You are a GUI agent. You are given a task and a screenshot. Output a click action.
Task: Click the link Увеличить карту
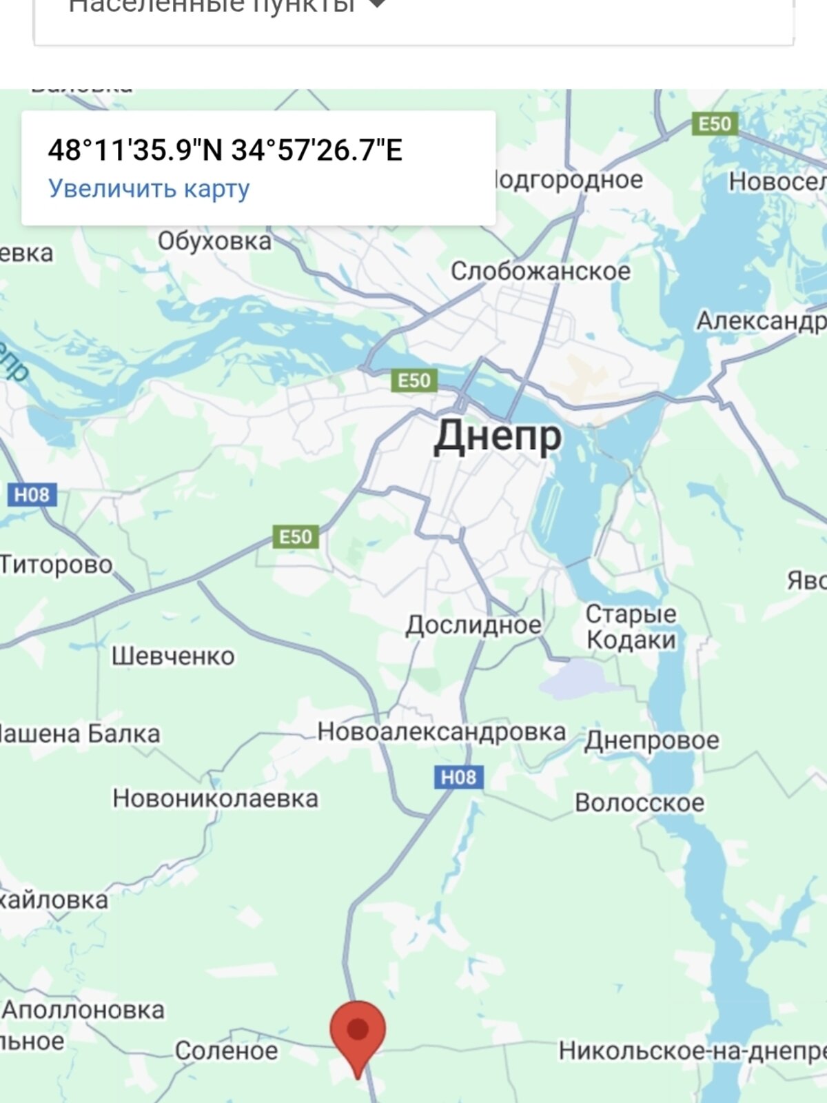[149, 188]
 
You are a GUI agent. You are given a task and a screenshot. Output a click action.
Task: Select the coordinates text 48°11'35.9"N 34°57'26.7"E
[225, 150]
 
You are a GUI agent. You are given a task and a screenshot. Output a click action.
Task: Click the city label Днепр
[498, 436]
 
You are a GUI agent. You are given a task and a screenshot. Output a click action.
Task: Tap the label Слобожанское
[540, 271]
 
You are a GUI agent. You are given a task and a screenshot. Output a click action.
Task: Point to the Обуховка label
[214, 241]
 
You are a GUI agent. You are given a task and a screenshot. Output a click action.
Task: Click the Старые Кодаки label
[631, 627]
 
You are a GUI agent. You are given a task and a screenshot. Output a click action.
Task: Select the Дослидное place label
[473, 625]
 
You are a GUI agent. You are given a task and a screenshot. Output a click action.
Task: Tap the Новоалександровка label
[441, 731]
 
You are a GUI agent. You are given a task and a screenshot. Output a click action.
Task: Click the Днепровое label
[651, 740]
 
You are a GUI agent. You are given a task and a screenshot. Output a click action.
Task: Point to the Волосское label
[640, 802]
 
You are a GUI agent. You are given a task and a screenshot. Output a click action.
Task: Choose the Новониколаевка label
[215, 798]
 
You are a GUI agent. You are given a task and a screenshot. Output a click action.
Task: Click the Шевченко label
[173, 656]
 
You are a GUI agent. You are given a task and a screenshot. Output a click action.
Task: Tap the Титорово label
[57, 564]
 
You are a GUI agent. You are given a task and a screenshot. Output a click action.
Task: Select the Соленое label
[226, 1051]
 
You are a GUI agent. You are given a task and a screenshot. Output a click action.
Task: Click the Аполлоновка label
[83, 1010]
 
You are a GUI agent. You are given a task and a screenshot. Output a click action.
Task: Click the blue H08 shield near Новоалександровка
[458, 778]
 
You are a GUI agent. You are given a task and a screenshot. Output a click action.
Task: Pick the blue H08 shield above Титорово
[32, 494]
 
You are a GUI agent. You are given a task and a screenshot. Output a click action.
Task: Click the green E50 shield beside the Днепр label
[414, 381]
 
